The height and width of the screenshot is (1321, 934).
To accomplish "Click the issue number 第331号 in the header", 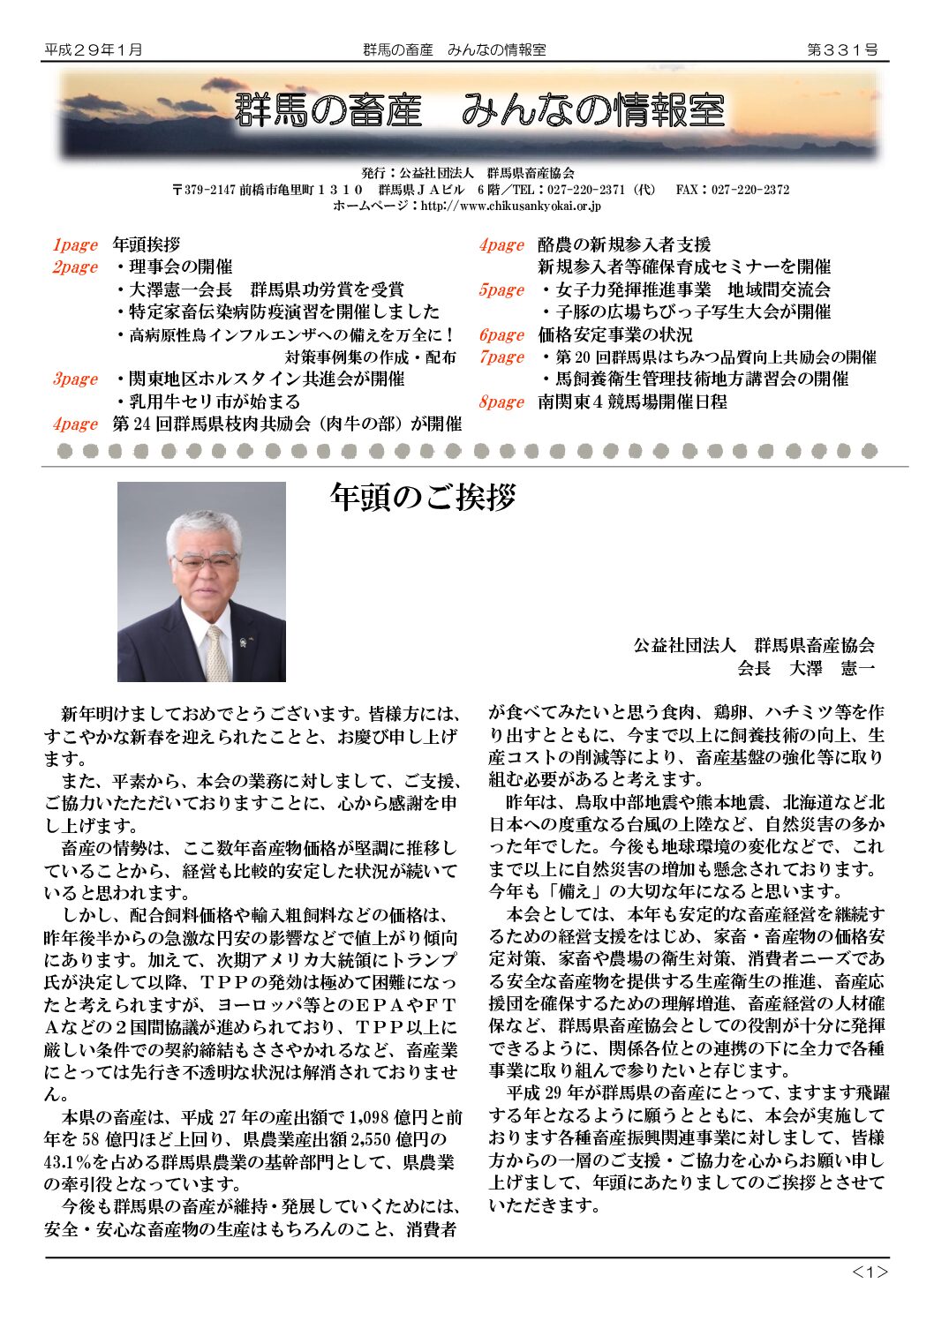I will [842, 50].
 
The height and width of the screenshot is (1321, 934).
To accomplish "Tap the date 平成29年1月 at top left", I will [94, 50].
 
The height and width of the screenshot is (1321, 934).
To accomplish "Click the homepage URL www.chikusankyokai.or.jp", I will [511, 206].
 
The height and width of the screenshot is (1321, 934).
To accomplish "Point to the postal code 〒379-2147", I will [204, 190].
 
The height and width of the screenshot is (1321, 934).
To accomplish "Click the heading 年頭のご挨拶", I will [423, 497].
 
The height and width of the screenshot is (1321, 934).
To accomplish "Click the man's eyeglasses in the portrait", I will [205, 560].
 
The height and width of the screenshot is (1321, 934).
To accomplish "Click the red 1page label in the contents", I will [74, 245].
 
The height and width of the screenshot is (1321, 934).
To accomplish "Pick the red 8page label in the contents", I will [501, 402].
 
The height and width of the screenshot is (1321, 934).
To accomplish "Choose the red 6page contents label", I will [501, 335].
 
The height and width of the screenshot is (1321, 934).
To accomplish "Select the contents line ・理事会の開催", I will [174, 267].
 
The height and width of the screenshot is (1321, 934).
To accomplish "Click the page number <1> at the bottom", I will [870, 1272].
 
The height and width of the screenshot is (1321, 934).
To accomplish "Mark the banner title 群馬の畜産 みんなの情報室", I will [479, 110].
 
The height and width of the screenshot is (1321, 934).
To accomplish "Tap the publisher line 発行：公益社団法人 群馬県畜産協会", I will [468, 173].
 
